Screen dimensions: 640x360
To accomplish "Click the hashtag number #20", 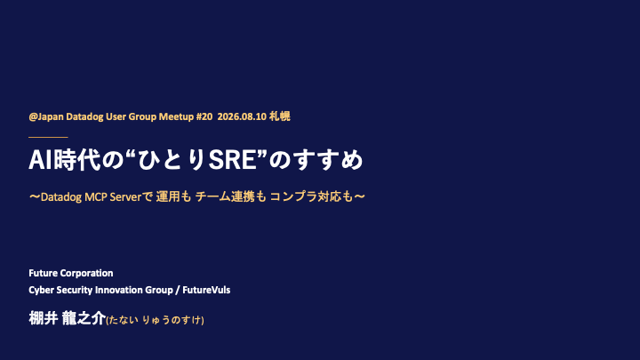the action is tap(204, 116).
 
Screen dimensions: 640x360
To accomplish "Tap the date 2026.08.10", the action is tap(242, 116).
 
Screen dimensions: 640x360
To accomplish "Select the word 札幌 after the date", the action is tap(280, 116).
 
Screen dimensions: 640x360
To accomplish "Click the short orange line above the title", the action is tap(48, 138).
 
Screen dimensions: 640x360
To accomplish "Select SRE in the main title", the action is tap(232, 160).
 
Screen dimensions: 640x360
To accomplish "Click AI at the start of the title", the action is tap(41, 160).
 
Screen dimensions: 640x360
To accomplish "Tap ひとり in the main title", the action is tap(172, 160).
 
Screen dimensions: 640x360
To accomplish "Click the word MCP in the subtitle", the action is tap(96, 197).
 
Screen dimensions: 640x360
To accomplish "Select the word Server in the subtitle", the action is tap(125, 197).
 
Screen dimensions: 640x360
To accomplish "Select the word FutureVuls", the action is tap(206, 290).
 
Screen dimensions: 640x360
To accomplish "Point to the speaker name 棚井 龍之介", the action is tap(67, 318).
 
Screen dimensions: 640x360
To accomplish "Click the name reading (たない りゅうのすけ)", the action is tap(155, 320).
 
